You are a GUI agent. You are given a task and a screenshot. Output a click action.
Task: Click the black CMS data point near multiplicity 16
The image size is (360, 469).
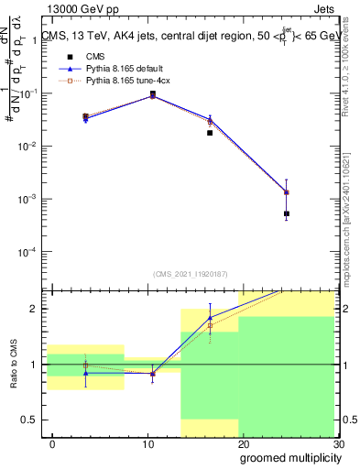click(x=210, y=133)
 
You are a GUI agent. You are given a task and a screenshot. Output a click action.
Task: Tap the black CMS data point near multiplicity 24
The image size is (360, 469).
click(x=287, y=213)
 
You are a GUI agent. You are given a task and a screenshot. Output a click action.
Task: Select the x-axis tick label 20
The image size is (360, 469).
click(x=243, y=445)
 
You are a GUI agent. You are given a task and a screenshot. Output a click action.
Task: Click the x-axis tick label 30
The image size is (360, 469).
click(x=338, y=445)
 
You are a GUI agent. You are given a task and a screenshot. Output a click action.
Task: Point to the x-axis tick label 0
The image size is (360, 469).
click(x=52, y=445)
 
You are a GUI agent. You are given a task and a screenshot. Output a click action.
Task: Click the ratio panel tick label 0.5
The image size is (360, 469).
click(x=31, y=420)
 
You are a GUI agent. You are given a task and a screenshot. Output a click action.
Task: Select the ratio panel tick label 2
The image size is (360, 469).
click(x=37, y=309)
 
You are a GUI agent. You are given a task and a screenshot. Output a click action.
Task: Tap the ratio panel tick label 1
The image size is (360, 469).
click(x=37, y=365)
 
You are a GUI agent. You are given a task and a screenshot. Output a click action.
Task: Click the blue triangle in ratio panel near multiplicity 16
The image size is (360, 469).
click(x=210, y=317)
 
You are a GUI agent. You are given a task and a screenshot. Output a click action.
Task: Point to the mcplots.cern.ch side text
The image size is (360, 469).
click(x=351, y=220)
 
